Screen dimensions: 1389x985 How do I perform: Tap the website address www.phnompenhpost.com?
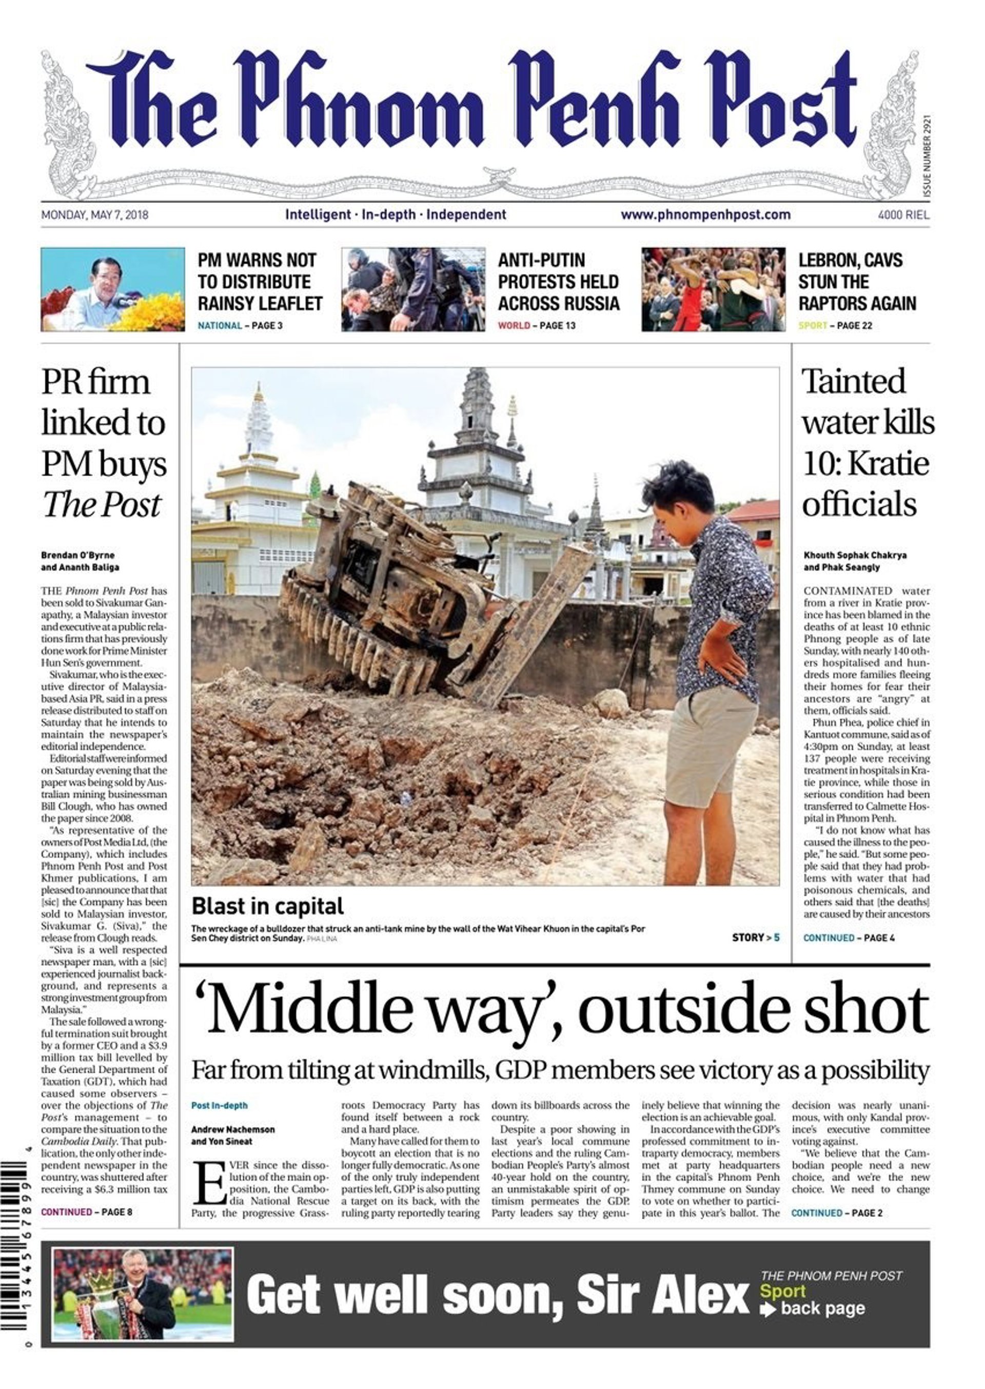(705, 214)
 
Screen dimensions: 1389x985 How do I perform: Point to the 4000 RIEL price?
(903, 214)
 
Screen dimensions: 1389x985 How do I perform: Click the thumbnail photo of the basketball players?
(713, 289)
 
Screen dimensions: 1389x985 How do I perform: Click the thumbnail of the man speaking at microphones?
(113, 289)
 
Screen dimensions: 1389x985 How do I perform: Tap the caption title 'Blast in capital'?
(267, 906)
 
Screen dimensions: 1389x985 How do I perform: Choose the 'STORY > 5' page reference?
(755, 937)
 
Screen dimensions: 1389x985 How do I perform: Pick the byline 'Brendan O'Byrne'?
(77, 555)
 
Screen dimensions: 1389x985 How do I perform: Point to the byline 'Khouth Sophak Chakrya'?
(855, 555)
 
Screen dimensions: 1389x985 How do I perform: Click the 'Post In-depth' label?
(220, 1105)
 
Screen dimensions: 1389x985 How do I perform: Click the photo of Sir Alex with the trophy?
(143, 1293)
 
